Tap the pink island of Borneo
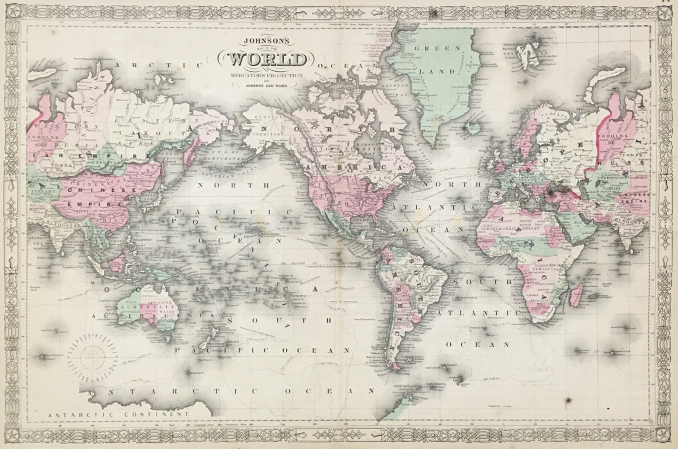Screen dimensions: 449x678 (117, 262)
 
